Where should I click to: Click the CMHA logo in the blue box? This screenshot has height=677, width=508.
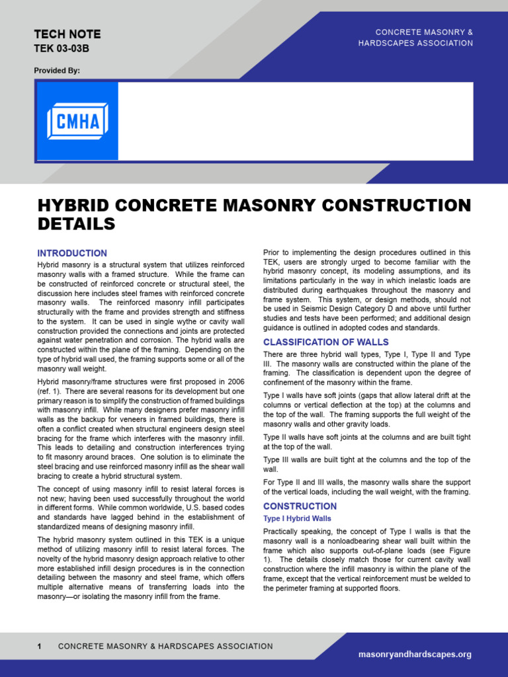click(77, 121)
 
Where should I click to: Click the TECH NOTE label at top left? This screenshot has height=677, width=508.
click(67, 34)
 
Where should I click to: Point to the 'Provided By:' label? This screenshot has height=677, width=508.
click(57, 71)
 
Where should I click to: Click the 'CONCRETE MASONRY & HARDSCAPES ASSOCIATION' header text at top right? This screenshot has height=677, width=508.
click(424, 38)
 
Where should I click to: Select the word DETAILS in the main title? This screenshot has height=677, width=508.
click(76, 224)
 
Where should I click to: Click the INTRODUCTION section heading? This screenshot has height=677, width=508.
click(72, 253)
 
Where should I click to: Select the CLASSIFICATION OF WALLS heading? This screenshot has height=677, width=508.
click(326, 342)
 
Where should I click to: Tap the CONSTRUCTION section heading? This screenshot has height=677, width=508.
click(300, 506)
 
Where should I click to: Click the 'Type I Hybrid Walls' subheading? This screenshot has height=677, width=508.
click(297, 518)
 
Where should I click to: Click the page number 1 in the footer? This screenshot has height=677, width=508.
click(40, 647)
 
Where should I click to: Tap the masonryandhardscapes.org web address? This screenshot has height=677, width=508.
click(415, 655)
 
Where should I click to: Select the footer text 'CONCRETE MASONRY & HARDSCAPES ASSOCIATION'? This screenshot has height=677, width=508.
click(165, 647)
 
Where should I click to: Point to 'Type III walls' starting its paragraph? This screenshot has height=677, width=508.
click(286, 459)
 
